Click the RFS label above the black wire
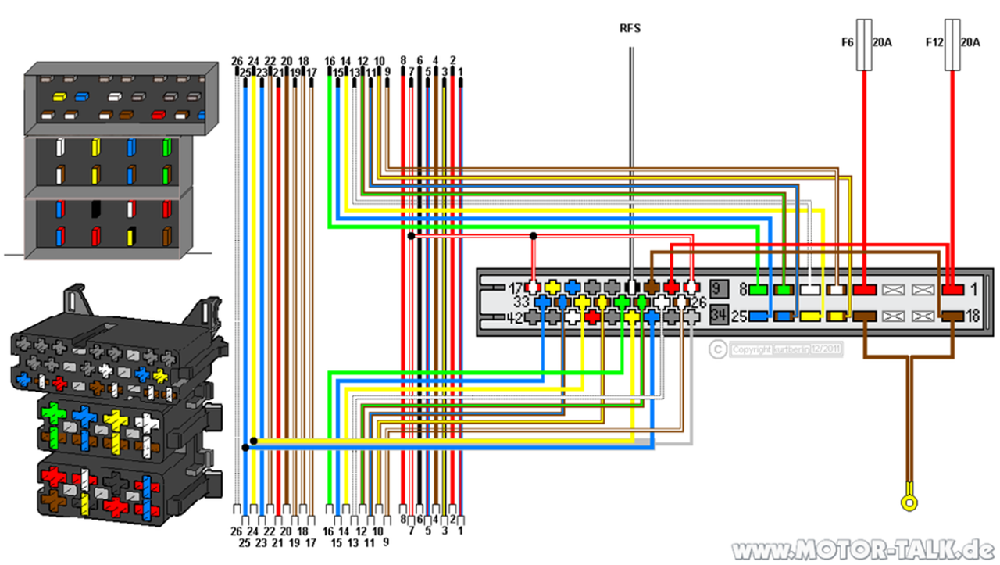[630, 29]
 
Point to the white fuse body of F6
[865, 47]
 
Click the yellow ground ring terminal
[908, 502]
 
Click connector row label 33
[522, 302]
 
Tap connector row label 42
[516, 316]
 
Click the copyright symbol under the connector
[717, 350]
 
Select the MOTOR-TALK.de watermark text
[863, 549]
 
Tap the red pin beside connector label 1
[952, 289]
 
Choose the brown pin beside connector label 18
[952, 316]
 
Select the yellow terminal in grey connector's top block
[58, 98]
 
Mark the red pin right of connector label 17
[533, 287]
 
